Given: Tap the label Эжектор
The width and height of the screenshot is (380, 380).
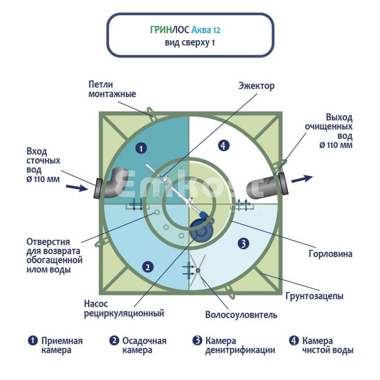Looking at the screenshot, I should [257, 86].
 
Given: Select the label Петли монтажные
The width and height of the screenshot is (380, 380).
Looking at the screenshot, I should [112, 90].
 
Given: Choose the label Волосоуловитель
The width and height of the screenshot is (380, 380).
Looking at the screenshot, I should [241, 314].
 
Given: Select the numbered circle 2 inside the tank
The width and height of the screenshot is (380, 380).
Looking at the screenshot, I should [146, 266].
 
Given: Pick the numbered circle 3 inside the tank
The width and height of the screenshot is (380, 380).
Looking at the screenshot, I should [243, 243].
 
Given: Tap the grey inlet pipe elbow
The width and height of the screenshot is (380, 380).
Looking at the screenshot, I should [114, 183].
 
